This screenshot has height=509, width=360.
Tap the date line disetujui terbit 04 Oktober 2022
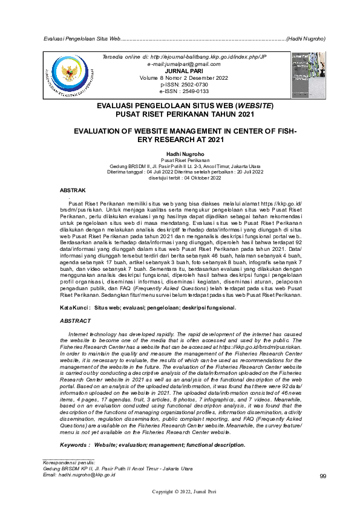[180, 178]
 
